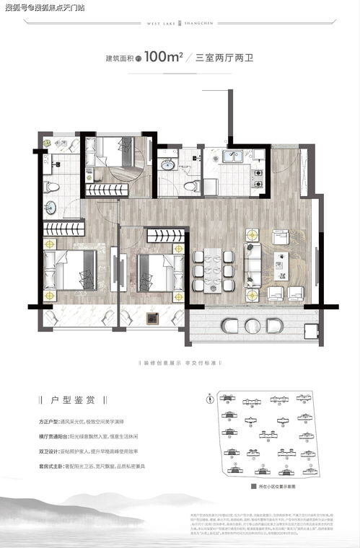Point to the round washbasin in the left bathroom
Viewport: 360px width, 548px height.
(51, 208)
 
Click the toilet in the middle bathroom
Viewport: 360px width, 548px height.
(190, 185)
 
